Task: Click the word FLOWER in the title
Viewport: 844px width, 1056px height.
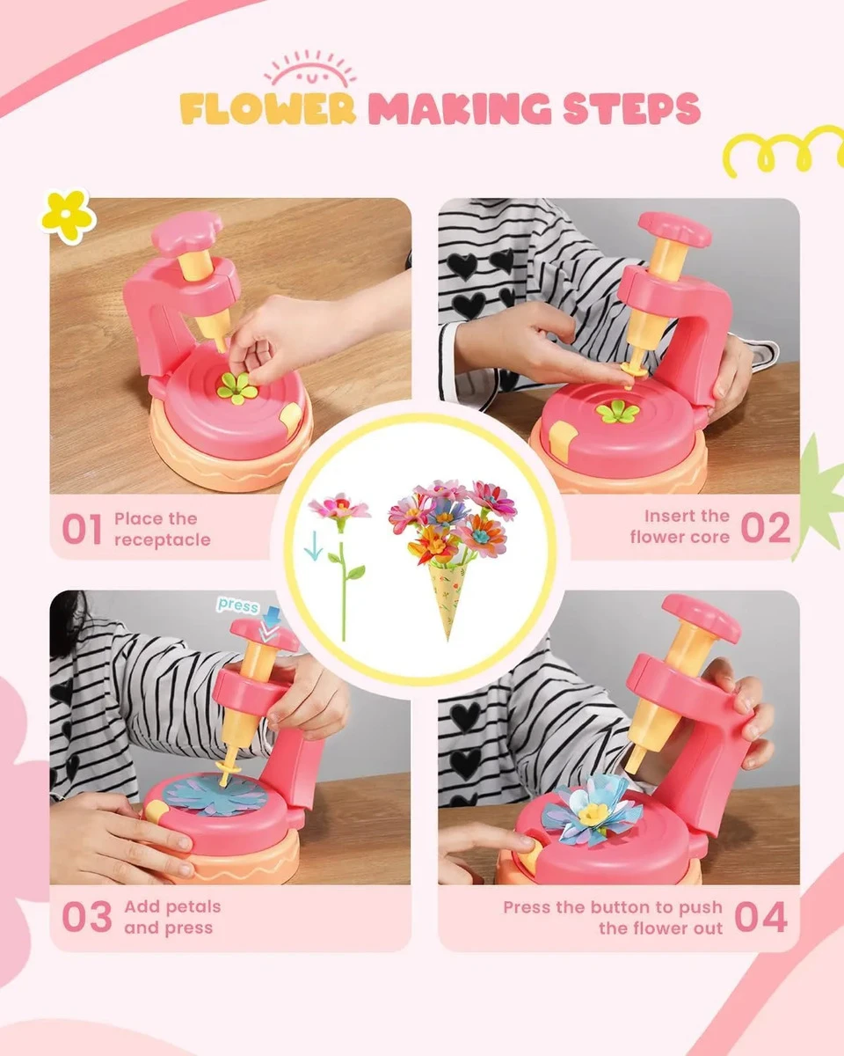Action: pyautogui.click(x=267, y=108)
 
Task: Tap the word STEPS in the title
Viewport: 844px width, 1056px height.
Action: pyautogui.click(x=631, y=108)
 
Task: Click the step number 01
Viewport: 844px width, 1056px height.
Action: pyautogui.click(x=82, y=529)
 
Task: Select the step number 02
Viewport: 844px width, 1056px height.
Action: pyautogui.click(x=765, y=527)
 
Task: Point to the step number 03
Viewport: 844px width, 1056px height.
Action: pyautogui.click(x=87, y=917)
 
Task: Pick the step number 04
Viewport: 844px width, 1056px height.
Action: pyautogui.click(x=761, y=917)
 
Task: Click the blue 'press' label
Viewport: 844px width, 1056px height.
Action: pyautogui.click(x=238, y=605)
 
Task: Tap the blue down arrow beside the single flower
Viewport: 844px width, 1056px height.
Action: pyautogui.click(x=313, y=545)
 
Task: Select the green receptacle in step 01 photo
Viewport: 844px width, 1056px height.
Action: pyautogui.click(x=238, y=388)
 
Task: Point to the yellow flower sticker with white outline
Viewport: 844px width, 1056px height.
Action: pyautogui.click(x=68, y=216)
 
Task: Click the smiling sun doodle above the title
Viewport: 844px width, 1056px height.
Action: pyautogui.click(x=310, y=69)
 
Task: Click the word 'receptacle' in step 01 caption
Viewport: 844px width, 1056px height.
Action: pyautogui.click(x=163, y=539)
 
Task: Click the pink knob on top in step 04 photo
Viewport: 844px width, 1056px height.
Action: pyautogui.click(x=702, y=618)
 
